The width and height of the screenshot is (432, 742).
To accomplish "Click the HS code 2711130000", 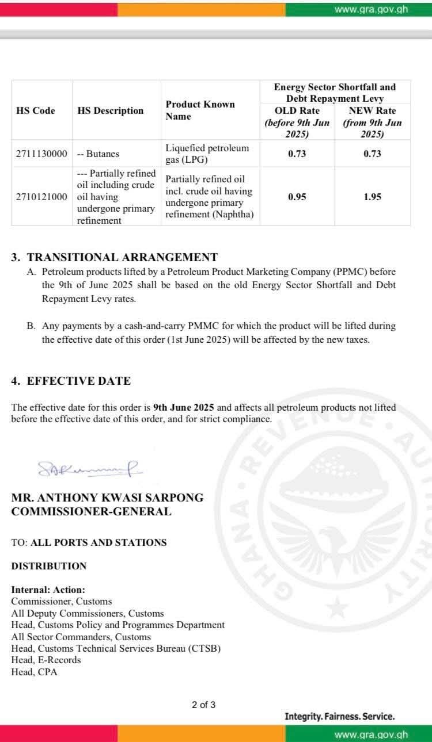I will (42, 154).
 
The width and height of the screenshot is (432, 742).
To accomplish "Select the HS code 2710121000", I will (42, 197).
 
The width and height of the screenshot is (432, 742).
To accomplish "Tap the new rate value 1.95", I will (372, 197).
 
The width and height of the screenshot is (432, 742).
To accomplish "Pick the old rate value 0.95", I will (297, 197).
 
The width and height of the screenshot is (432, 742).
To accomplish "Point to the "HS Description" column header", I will (111, 110).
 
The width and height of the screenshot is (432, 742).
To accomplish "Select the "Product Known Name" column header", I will (200, 110).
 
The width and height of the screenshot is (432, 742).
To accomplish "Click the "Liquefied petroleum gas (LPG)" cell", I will (207, 154).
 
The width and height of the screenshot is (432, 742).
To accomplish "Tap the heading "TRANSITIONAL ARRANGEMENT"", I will (122, 257).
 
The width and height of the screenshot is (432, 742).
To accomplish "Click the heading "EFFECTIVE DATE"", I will (79, 381).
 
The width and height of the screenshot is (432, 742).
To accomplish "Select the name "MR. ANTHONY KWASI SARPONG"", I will (107, 498).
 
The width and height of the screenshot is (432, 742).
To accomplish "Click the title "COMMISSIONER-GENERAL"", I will (91, 511).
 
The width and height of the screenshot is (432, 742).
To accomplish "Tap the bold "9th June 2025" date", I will (184, 407).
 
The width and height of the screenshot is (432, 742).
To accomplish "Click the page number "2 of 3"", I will (204, 705).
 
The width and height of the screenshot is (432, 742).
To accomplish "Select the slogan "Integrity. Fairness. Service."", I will (339, 717).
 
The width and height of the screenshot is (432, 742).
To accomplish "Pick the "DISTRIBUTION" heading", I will (49, 566).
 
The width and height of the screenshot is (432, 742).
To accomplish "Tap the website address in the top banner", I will (371, 9).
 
